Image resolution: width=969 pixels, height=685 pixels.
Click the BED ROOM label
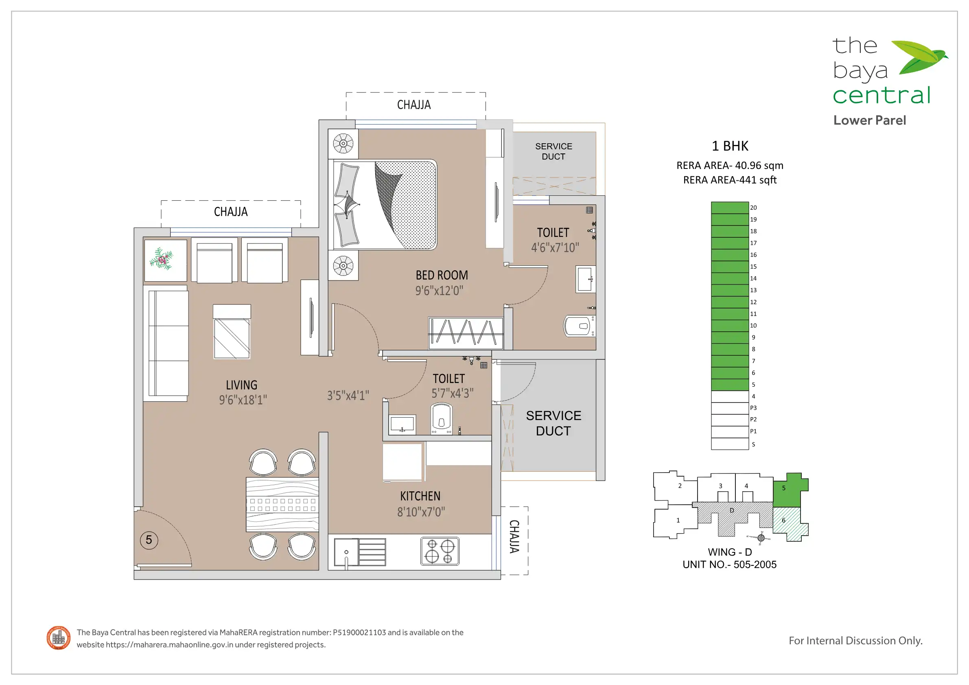click(x=442, y=275)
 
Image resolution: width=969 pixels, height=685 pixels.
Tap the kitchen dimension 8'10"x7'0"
click(x=421, y=512)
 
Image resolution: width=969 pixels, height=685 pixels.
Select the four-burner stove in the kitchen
click(x=440, y=551)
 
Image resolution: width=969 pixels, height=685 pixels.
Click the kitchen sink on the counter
click(x=360, y=552)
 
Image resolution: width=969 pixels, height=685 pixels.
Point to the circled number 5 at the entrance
click(x=149, y=540)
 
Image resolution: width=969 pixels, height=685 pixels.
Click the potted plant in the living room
click(x=162, y=259)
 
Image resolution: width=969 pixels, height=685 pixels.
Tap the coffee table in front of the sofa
click(x=232, y=332)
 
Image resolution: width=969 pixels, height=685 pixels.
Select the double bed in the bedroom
click(x=385, y=205)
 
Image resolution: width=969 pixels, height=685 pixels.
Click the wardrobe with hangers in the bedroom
click(x=466, y=333)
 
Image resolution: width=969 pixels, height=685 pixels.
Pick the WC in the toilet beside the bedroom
click(x=580, y=326)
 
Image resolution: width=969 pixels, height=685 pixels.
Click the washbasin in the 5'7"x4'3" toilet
click(x=402, y=424)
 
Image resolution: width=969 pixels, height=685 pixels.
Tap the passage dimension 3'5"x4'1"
click(x=348, y=396)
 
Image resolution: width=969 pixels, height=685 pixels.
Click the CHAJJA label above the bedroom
click(x=414, y=105)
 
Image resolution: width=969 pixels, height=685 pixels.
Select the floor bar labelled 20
click(x=730, y=208)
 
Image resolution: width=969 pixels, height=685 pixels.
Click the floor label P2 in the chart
click(x=753, y=420)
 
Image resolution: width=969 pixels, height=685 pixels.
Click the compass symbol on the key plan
click(x=761, y=537)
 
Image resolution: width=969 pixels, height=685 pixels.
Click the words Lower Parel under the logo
click(x=869, y=120)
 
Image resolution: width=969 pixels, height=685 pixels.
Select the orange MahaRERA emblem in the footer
click(x=59, y=638)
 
